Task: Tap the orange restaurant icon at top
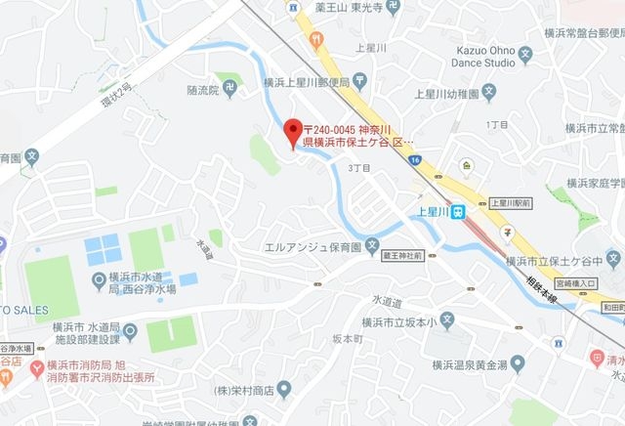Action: coord(316,40)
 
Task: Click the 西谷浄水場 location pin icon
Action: coord(97,282)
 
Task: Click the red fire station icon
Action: coord(36,367)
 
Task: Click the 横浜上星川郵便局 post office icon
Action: coord(360,78)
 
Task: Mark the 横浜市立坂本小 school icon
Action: coord(446,319)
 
